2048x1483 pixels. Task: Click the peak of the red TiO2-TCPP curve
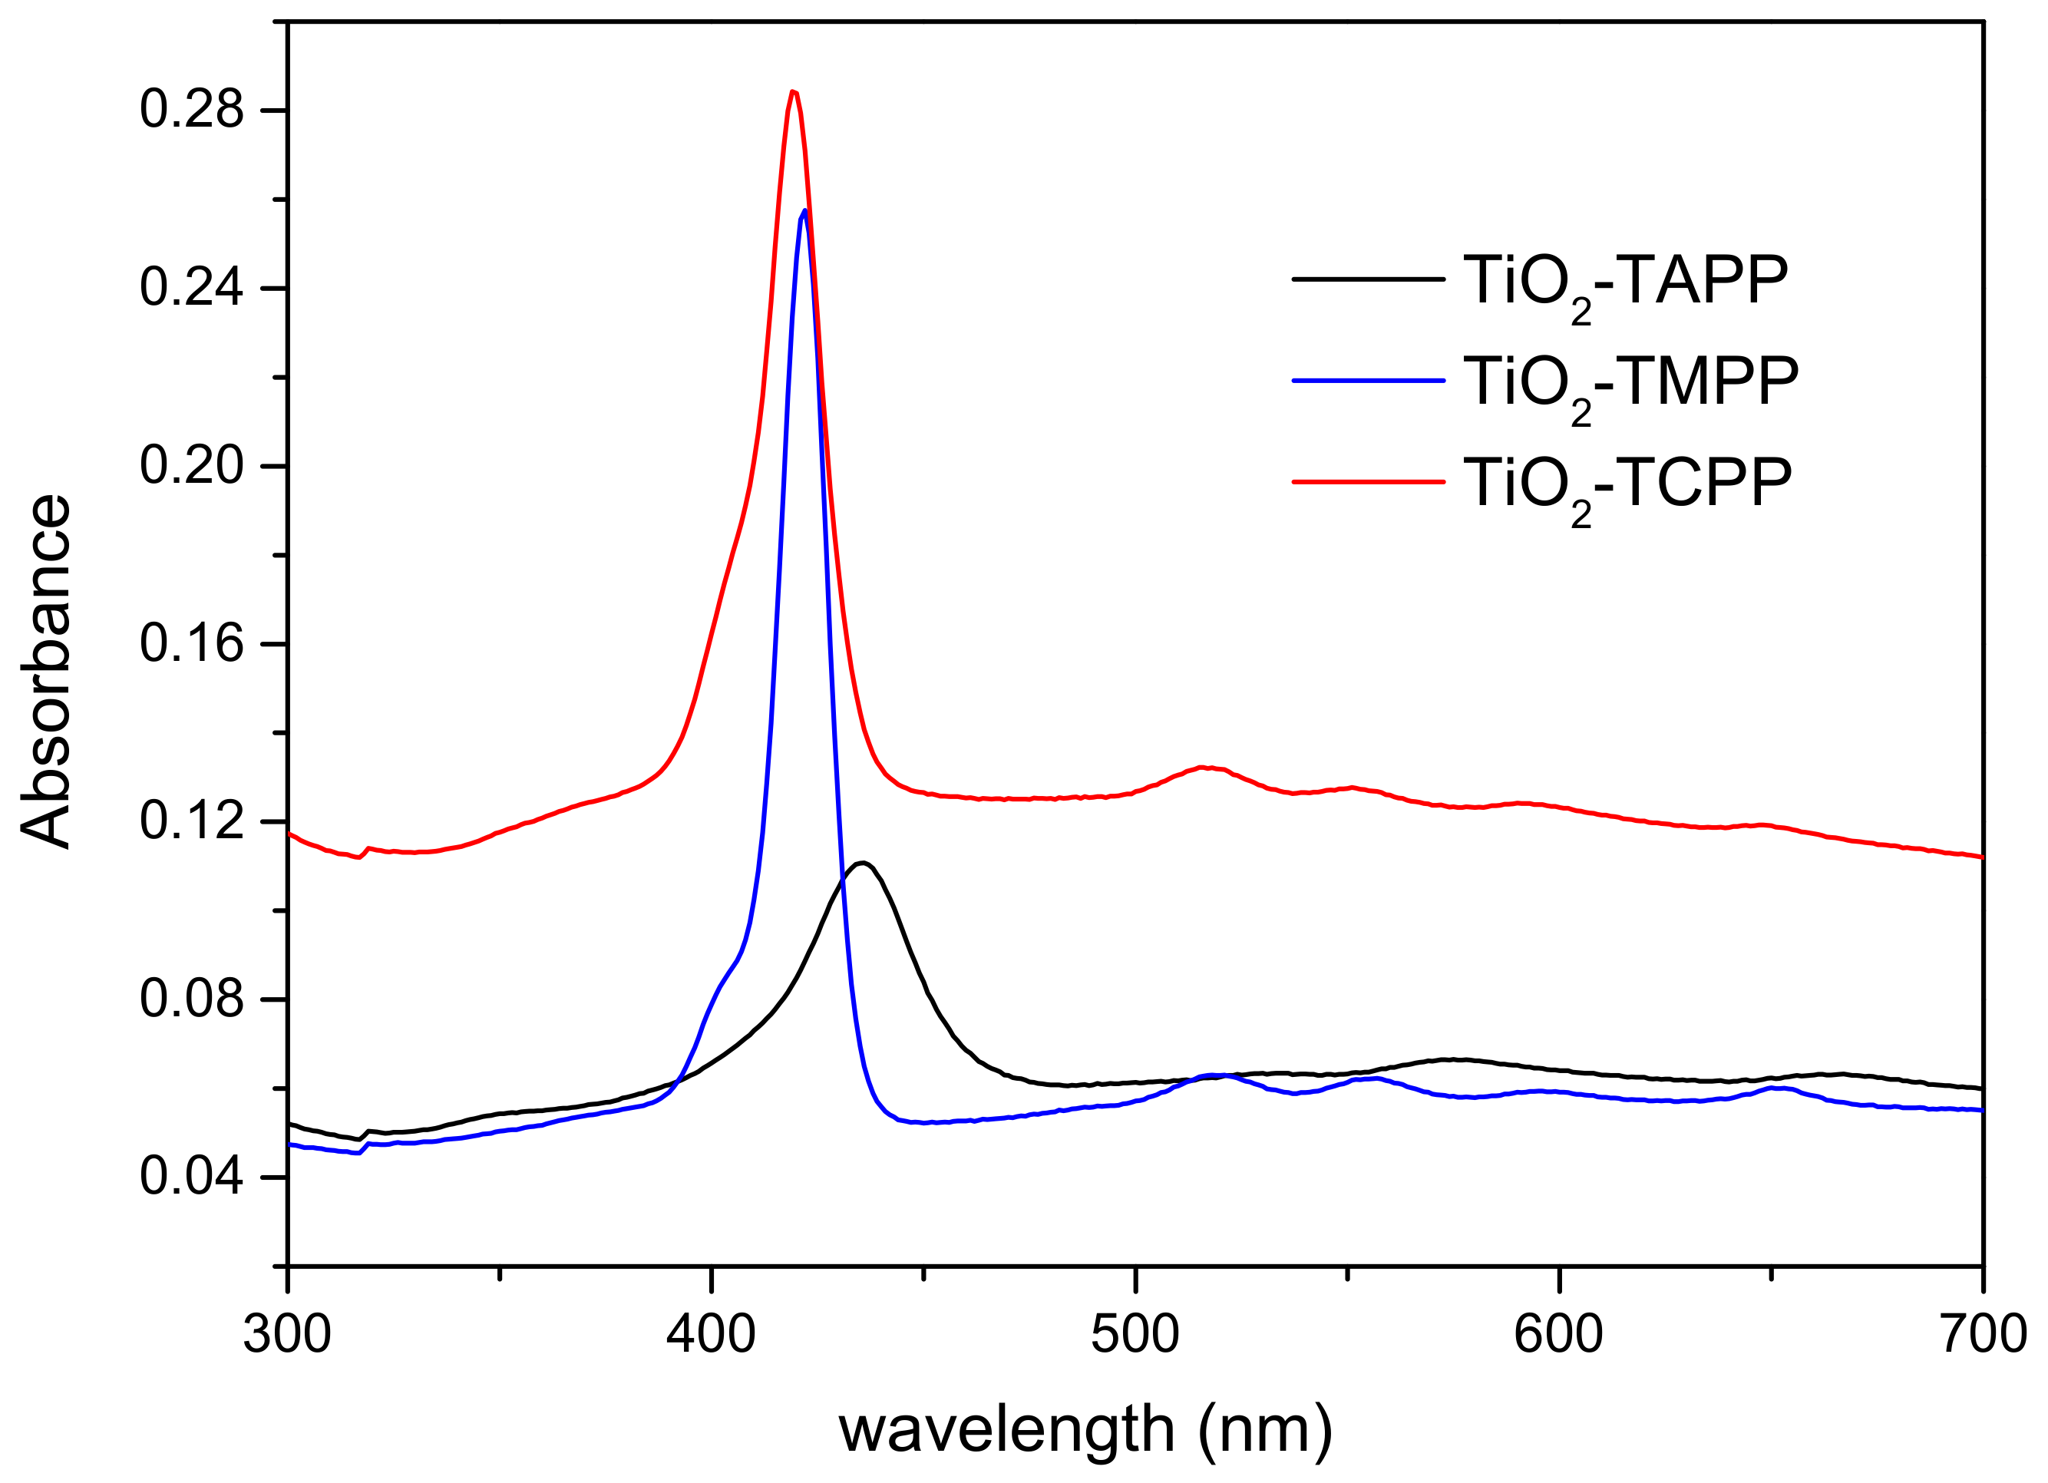click(793, 92)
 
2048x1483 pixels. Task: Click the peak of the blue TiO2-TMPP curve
click(804, 211)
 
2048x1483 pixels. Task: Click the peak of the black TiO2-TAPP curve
click(864, 864)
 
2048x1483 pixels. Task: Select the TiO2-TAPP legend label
click(1625, 281)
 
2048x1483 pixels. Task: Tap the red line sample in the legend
click(1368, 482)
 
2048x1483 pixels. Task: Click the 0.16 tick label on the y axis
click(191, 643)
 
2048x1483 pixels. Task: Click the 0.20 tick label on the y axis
click(191, 465)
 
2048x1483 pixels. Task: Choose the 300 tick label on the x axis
click(287, 1335)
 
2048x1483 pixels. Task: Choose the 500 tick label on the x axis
click(1135, 1335)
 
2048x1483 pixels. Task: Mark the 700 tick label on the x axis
click(1983, 1335)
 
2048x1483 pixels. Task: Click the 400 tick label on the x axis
click(711, 1335)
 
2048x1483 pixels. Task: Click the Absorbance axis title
click(45, 670)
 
